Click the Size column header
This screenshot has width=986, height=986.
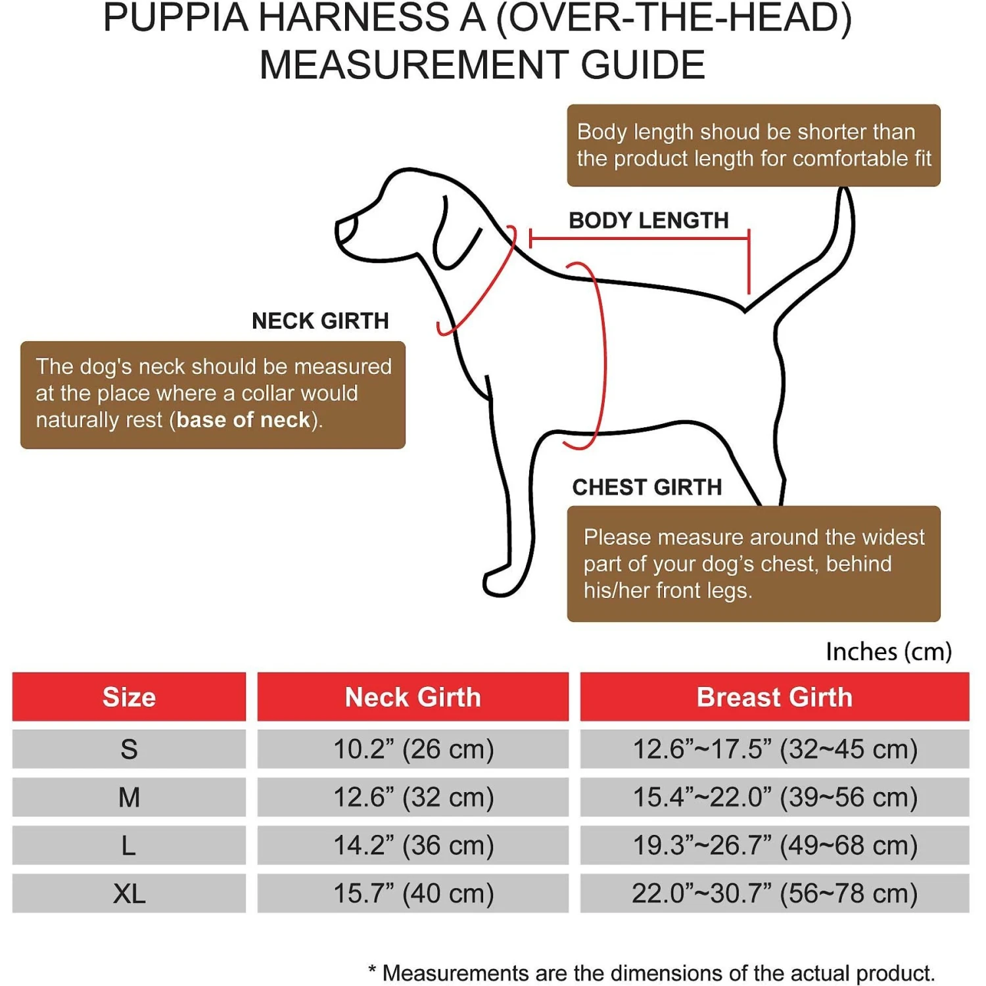pos(129,697)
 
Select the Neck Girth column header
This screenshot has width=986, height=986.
pos(413,697)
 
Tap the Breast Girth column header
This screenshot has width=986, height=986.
pos(774,697)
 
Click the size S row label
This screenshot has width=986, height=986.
pos(129,749)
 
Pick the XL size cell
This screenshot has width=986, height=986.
pos(129,893)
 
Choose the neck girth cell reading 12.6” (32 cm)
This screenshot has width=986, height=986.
pos(413,797)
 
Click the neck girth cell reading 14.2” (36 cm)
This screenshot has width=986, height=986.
pos(413,845)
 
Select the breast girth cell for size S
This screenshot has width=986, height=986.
pos(774,749)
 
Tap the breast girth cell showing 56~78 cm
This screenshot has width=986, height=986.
pos(774,893)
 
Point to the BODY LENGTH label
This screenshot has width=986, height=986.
pos(648,220)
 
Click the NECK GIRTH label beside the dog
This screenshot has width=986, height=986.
pos(320,321)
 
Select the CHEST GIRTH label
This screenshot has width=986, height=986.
pos(647,487)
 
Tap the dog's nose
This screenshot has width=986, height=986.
pos(344,229)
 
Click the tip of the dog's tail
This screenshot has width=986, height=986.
pos(845,195)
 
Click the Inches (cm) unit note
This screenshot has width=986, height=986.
pos(888,651)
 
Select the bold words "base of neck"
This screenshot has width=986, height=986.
pos(243,419)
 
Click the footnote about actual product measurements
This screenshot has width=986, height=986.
pos(651,972)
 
